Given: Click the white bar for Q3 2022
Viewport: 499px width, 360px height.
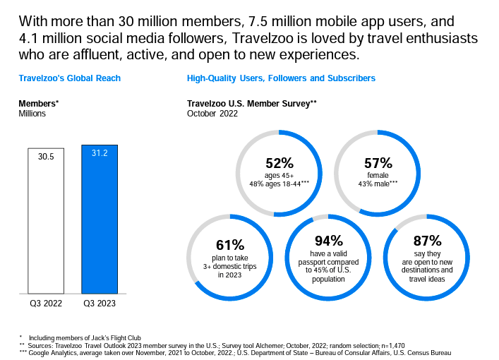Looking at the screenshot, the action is tap(46, 221).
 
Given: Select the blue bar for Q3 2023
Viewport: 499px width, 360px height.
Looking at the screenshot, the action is tap(100, 220).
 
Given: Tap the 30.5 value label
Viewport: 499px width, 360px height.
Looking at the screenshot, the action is tap(46, 157).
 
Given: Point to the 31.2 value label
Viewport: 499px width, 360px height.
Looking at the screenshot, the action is tap(100, 153).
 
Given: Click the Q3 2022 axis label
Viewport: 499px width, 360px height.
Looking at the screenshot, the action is tap(46, 304).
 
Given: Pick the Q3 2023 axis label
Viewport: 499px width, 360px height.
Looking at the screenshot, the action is tap(100, 304).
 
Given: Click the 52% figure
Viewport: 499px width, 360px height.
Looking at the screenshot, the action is tap(279, 163).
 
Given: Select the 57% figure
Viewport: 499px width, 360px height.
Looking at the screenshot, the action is tap(378, 163).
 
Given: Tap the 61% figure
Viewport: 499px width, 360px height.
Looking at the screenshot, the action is tap(230, 245).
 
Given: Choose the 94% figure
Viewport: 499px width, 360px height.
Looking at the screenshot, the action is tap(329, 241).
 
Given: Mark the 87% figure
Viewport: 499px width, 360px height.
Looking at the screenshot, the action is tap(428, 241).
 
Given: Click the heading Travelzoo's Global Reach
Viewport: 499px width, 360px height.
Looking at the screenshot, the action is tap(70, 78).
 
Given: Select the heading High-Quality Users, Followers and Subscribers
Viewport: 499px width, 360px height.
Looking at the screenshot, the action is tap(281, 78).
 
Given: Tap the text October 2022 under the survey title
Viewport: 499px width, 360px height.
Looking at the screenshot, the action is tap(212, 114).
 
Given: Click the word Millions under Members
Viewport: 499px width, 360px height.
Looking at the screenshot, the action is tap(32, 114).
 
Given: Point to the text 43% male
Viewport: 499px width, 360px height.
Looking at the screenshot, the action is tap(373, 184).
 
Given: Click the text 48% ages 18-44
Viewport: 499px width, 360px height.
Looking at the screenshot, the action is tap(275, 184).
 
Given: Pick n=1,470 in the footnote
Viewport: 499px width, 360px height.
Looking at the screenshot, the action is tap(393, 346).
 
